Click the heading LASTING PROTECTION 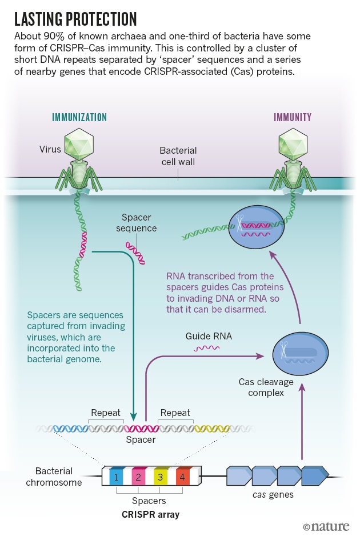tap(75, 19)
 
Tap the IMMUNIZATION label tap(79, 118)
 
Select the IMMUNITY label tap(293, 118)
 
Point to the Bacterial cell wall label tap(178, 157)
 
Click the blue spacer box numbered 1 tap(116, 476)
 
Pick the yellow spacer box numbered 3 tap(161, 476)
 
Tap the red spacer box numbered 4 tap(182, 476)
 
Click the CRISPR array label tap(150, 514)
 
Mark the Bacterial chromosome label tap(54, 477)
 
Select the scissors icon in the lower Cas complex tap(284, 348)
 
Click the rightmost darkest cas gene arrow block tap(314, 475)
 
